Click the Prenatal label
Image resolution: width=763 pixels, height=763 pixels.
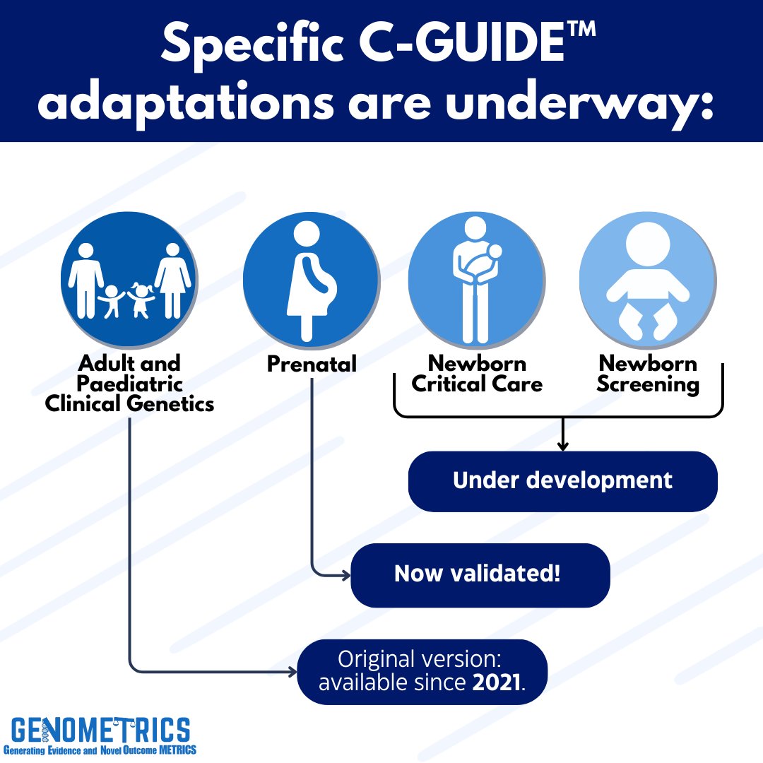(x=312, y=365)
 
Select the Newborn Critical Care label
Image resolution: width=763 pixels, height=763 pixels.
(x=477, y=374)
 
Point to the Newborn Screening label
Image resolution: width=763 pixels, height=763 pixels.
(x=648, y=374)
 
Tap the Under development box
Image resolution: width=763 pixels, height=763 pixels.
(x=562, y=481)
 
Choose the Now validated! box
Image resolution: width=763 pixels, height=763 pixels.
(x=480, y=574)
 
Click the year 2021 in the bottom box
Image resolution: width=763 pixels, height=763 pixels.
(x=497, y=682)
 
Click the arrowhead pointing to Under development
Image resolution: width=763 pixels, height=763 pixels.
(x=563, y=445)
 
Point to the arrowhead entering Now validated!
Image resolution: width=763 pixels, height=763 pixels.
(x=345, y=575)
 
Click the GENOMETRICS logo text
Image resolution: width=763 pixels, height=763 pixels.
(x=100, y=728)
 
